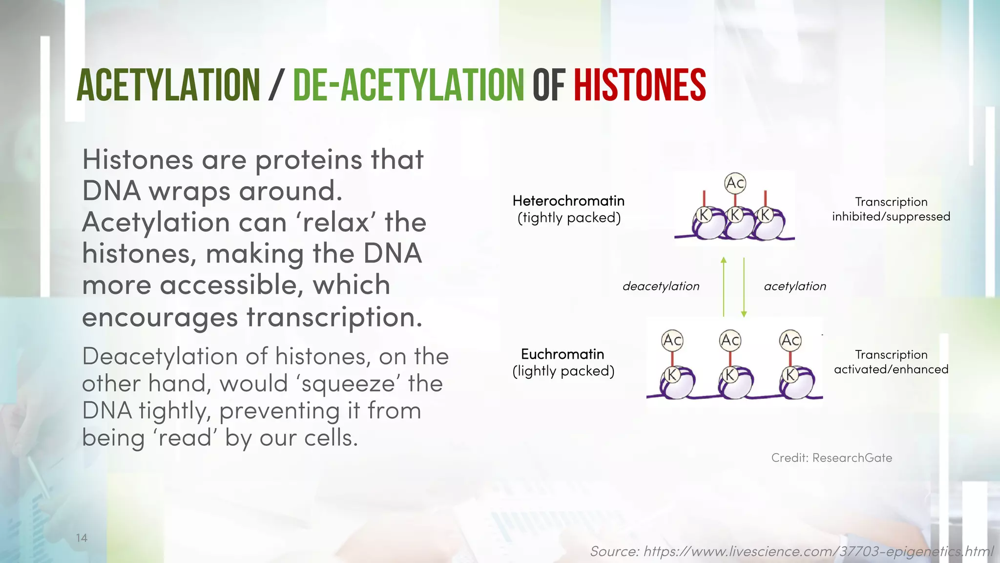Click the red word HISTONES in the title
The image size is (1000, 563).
[640, 85]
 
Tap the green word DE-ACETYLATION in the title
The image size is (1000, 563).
[408, 85]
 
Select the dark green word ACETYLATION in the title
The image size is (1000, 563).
[168, 85]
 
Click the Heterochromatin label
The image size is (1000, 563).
[568, 201]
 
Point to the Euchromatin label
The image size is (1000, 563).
[562, 354]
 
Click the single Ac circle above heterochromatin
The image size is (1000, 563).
[735, 183]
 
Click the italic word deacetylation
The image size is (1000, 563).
[661, 286]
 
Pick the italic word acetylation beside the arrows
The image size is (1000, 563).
[795, 286]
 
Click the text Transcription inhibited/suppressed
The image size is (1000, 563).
[891, 209]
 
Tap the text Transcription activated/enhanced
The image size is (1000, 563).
[891, 362]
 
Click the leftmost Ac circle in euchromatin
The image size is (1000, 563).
[672, 340]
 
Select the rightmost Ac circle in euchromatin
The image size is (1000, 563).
[790, 340]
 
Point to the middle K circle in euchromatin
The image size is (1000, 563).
[729, 375]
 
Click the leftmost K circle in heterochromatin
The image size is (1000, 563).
[704, 215]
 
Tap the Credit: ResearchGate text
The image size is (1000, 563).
[832, 458]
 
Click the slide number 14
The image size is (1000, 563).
[82, 538]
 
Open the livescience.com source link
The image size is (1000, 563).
[791, 552]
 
